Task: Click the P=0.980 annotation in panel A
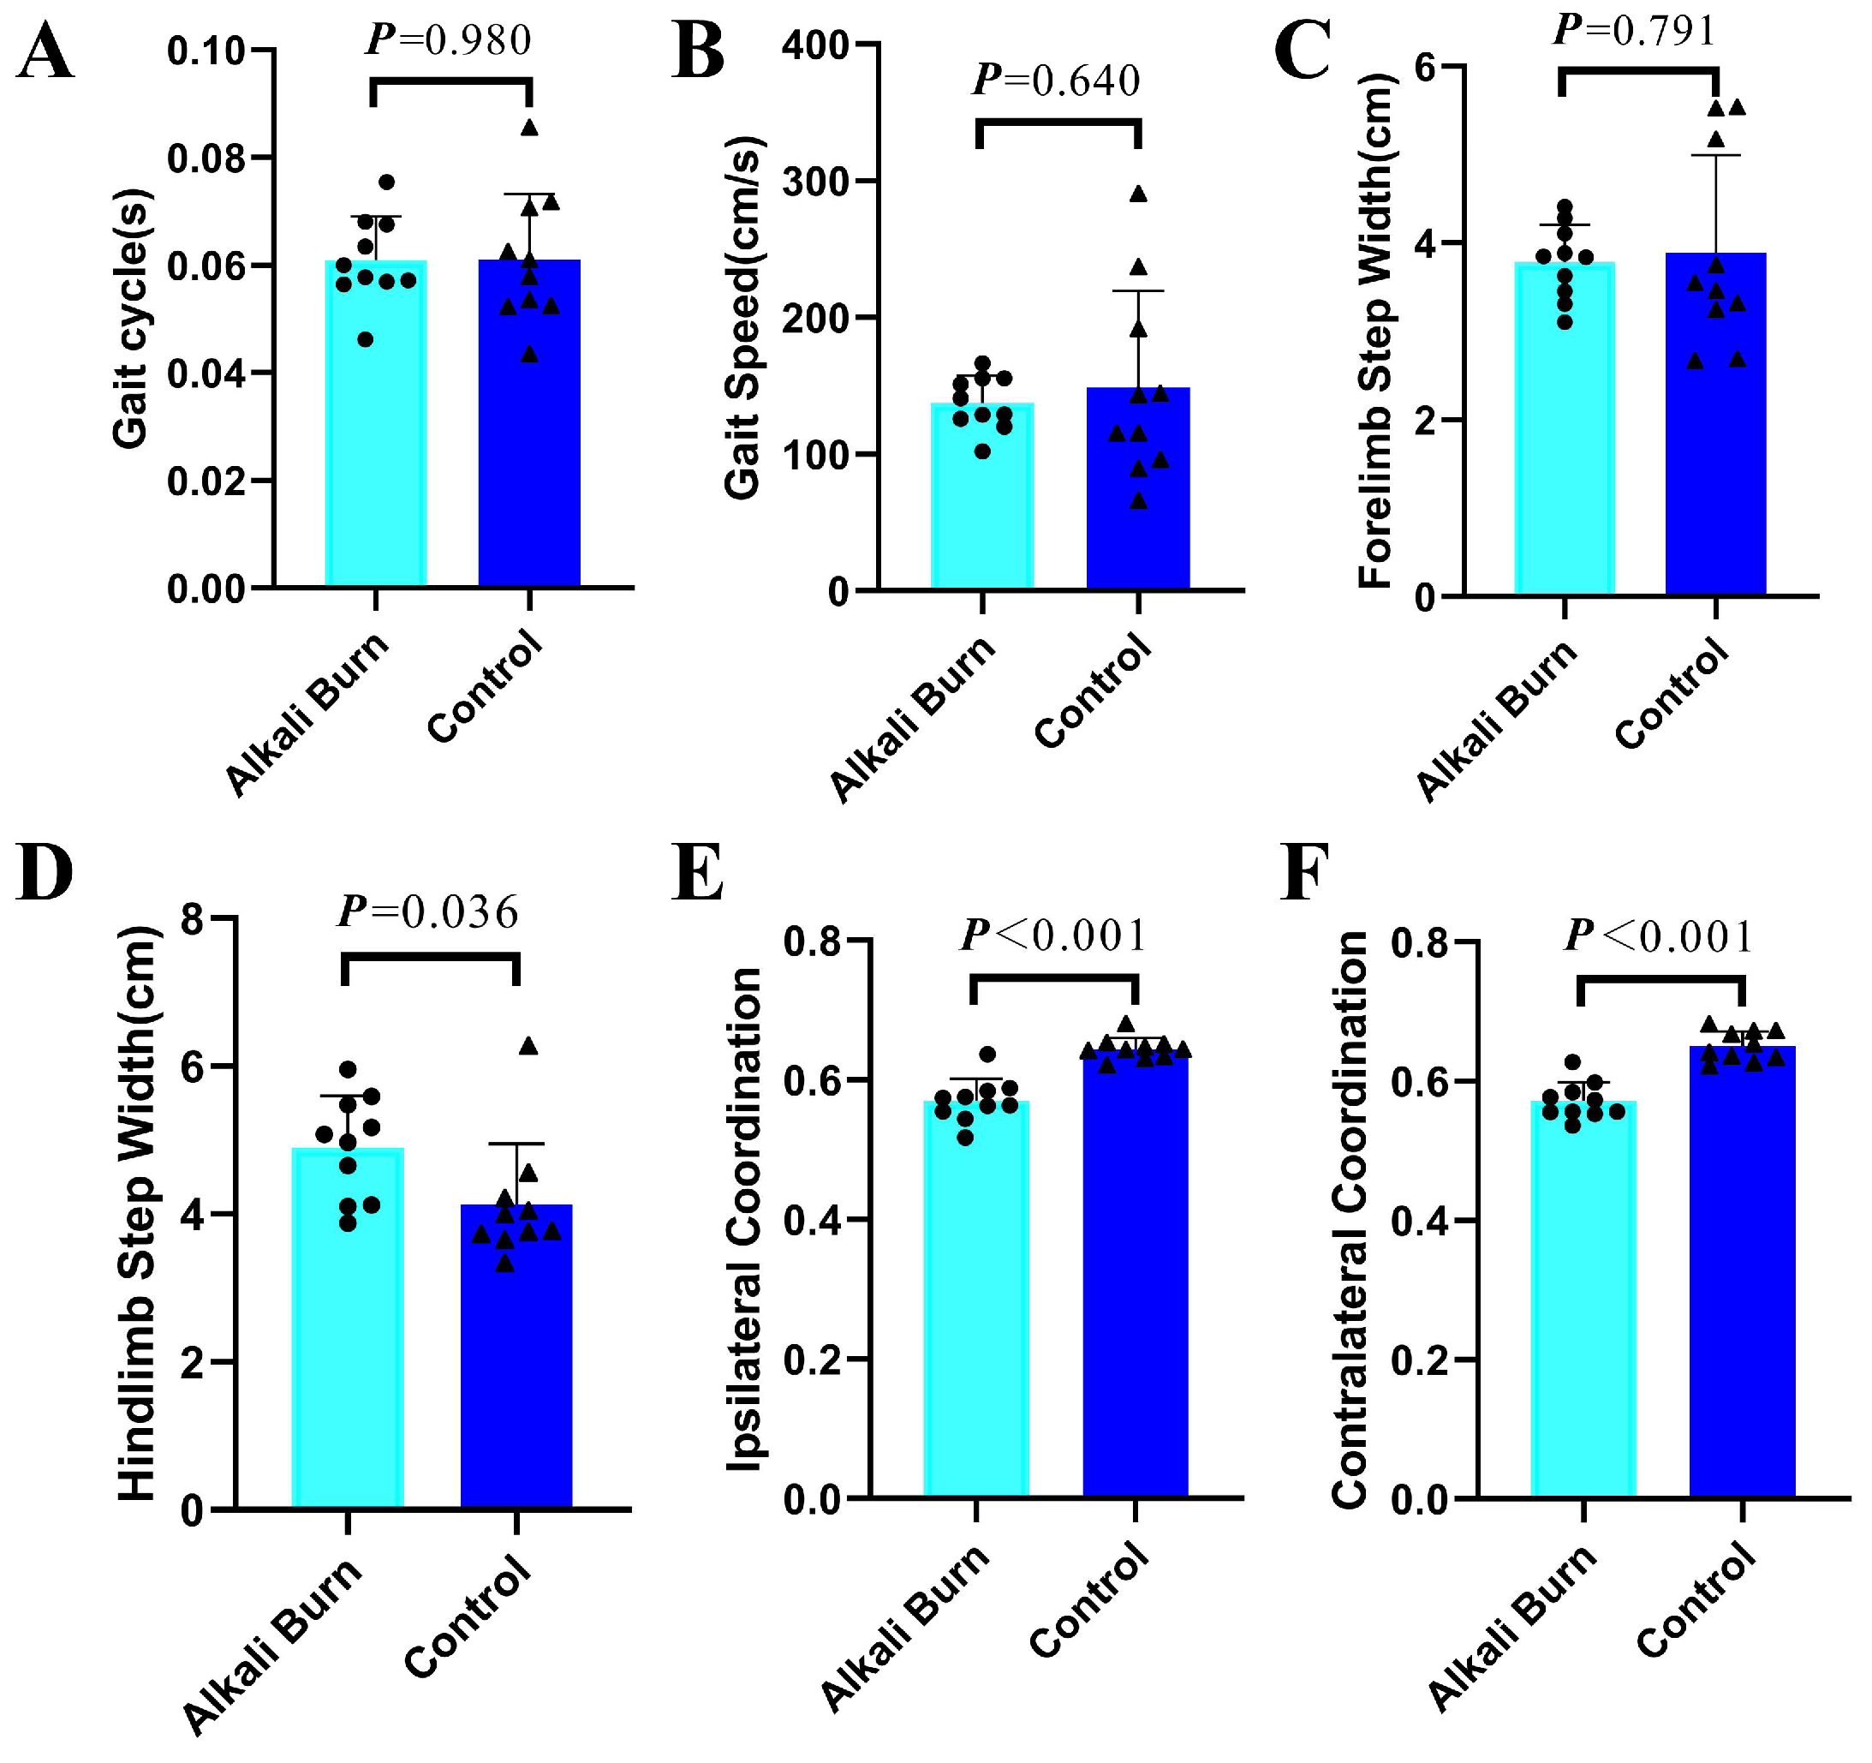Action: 448,39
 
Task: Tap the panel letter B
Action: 698,51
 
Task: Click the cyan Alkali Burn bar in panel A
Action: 376,423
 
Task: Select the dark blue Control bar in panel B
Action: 1138,487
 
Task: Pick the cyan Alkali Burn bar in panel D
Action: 348,1328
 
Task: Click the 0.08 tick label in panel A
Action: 206,158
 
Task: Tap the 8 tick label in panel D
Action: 192,918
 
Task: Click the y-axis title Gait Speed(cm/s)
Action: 743,317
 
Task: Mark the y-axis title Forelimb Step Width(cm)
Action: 1376,331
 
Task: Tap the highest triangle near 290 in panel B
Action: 1138,194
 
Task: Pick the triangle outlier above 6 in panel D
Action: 528,1045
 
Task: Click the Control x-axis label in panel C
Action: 1672,694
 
